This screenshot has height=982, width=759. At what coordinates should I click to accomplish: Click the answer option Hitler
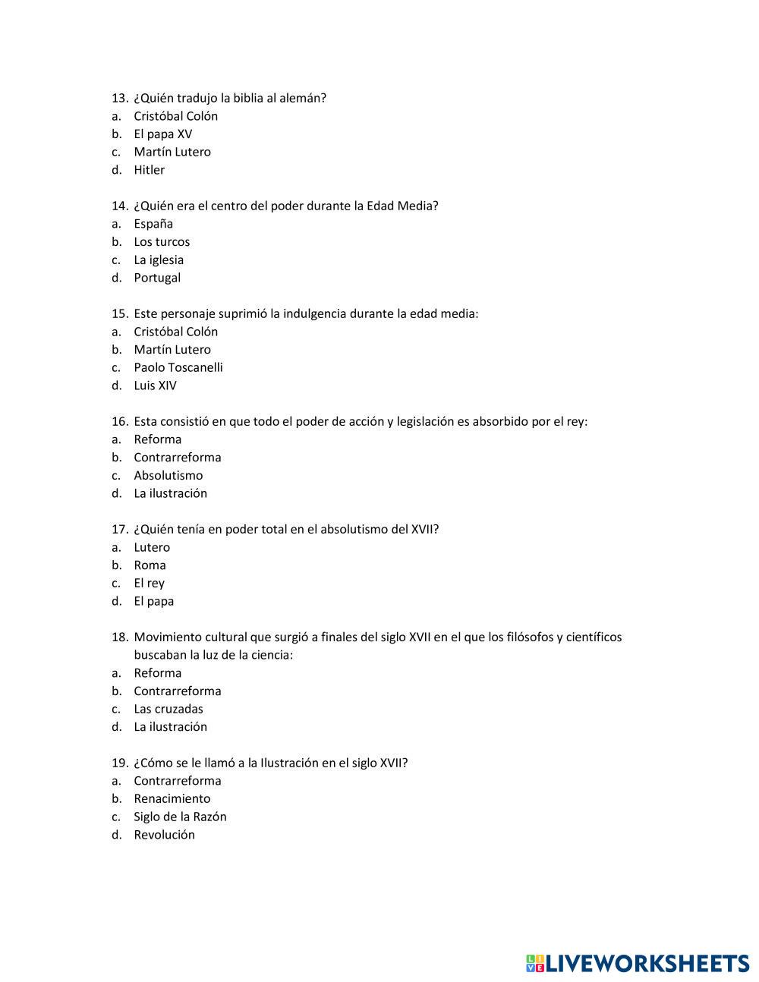(x=149, y=170)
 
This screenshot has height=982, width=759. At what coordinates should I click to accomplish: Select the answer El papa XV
(x=162, y=134)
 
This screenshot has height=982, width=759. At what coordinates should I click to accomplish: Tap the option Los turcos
(x=162, y=242)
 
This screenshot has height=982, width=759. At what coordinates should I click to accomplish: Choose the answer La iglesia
(x=159, y=260)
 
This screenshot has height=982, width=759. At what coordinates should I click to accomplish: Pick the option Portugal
(x=157, y=278)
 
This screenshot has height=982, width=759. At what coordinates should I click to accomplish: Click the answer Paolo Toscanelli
(x=178, y=367)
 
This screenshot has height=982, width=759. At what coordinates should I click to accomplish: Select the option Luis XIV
(x=155, y=386)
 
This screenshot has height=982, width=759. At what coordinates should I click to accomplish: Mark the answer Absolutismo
(x=168, y=476)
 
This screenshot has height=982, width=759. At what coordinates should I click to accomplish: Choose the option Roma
(x=150, y=565)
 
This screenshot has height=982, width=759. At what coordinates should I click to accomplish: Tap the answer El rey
(x=149, y=584)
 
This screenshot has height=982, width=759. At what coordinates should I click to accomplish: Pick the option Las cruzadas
(x=168, y=709)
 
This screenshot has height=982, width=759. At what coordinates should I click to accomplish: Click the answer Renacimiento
(x=172, y=798)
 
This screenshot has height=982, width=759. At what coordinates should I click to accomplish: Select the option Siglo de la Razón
(x=180, y=817)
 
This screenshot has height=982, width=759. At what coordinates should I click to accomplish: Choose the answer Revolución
(x=164, y=835)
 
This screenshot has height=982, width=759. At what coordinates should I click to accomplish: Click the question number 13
(x=119, y=98)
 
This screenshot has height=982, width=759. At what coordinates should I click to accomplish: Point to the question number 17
(x=119, y=530)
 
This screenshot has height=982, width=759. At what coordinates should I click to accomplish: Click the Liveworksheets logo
(x=638, y=963)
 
